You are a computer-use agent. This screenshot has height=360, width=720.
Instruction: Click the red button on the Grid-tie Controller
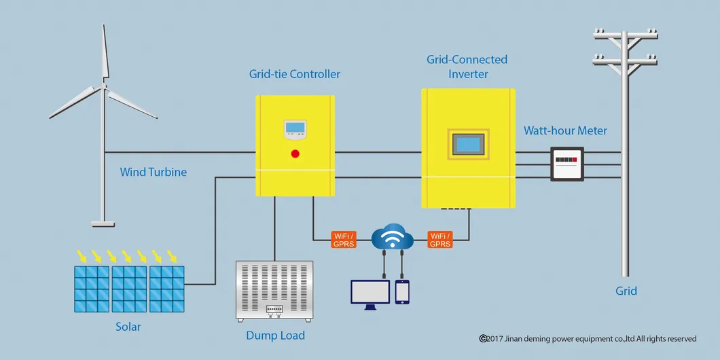point(295,153)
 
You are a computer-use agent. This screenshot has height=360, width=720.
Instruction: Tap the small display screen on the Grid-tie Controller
point(295,127)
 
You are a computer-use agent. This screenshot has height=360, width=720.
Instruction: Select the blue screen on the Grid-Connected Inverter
point(469,145)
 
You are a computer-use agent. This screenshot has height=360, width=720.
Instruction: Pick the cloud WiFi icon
point(392,238)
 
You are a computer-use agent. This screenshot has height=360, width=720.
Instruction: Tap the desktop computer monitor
point(370,292)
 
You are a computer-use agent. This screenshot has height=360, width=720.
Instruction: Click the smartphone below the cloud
point(402,292)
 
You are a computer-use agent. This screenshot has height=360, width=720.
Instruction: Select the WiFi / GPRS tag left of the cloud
point(344,240)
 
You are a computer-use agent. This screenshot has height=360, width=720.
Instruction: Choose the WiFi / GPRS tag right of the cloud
point(440,240)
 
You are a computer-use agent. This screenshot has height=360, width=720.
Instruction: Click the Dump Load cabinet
point(274,291)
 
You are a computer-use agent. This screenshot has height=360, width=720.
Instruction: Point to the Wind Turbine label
point(154,172)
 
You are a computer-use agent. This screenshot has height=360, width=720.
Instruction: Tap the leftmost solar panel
point(92,288)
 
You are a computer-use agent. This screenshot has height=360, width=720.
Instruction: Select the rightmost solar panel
point(167,288)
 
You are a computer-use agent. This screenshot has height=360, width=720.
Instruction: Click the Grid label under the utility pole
point(626,291)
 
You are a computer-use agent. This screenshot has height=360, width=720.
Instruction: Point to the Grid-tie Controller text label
point(295,73)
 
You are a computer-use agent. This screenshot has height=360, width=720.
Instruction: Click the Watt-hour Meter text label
point(565,130)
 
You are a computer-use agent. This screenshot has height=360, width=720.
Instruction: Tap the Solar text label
point(128,327)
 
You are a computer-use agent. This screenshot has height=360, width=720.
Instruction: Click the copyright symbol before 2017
point(484,338)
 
